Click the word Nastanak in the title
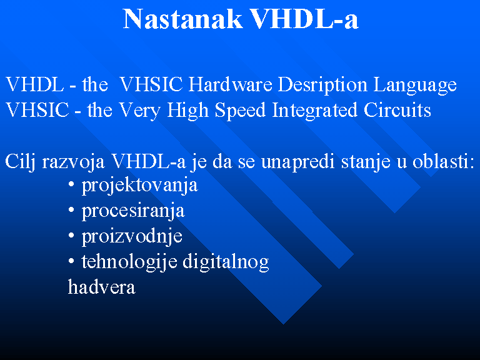(182, 19)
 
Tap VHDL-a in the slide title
(304, 19)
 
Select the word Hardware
(230, 84)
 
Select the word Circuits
(397, 110)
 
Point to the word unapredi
(297, 162)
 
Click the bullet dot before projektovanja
(71, 184)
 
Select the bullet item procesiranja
(133, 212)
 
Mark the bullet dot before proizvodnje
(71, 236)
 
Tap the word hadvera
(101, 287)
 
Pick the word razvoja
(74, 162)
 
